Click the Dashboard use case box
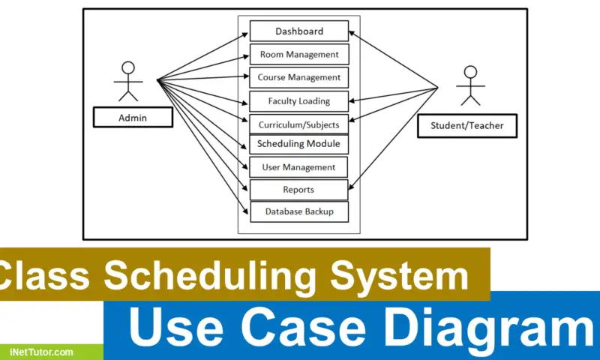[298, 31]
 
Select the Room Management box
[298, 55]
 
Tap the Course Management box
[298, 77]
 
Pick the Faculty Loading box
[298, 100]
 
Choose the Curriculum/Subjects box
[298, 124]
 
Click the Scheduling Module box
[298, 144]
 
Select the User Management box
[298, 166]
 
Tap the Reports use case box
[298, 190]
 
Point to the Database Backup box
[298, 212]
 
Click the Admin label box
[133, 118]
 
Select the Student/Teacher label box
[466, 126]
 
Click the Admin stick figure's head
[128, 67]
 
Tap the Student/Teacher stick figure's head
[470, 73]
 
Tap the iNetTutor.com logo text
[42, 351]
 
